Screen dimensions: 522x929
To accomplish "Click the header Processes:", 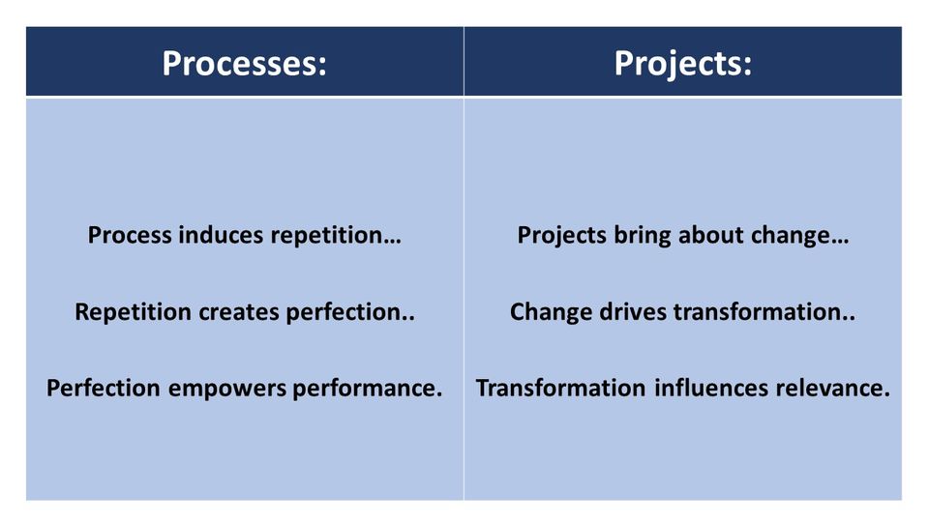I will point(244,63).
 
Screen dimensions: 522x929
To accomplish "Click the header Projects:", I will point(682,63).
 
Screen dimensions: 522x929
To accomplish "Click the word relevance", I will point(832,389).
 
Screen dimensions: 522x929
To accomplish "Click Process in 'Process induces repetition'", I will point(130,235).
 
